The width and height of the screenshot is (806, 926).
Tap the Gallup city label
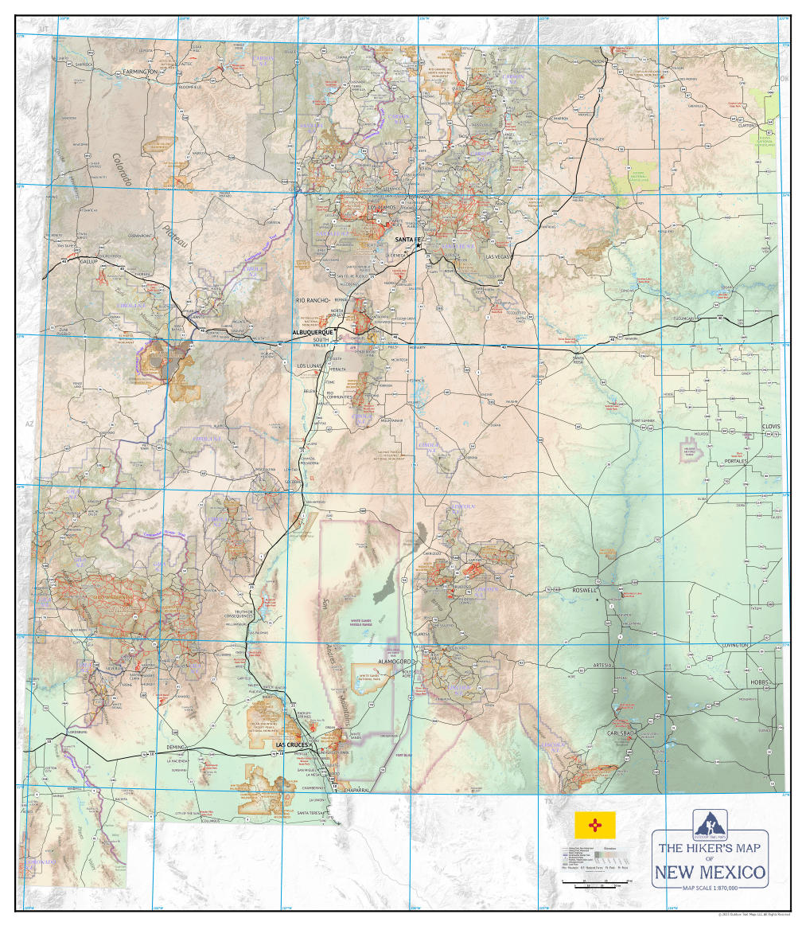point(87,260)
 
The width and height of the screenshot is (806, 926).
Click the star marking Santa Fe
point(418,246)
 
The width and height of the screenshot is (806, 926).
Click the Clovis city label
point(770,427)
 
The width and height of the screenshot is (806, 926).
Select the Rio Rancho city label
point(312,300)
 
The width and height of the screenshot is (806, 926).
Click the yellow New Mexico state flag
point(595,825)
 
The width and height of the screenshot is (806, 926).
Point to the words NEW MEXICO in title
point(710,873)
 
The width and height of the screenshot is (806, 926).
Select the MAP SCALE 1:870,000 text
point(710,888)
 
